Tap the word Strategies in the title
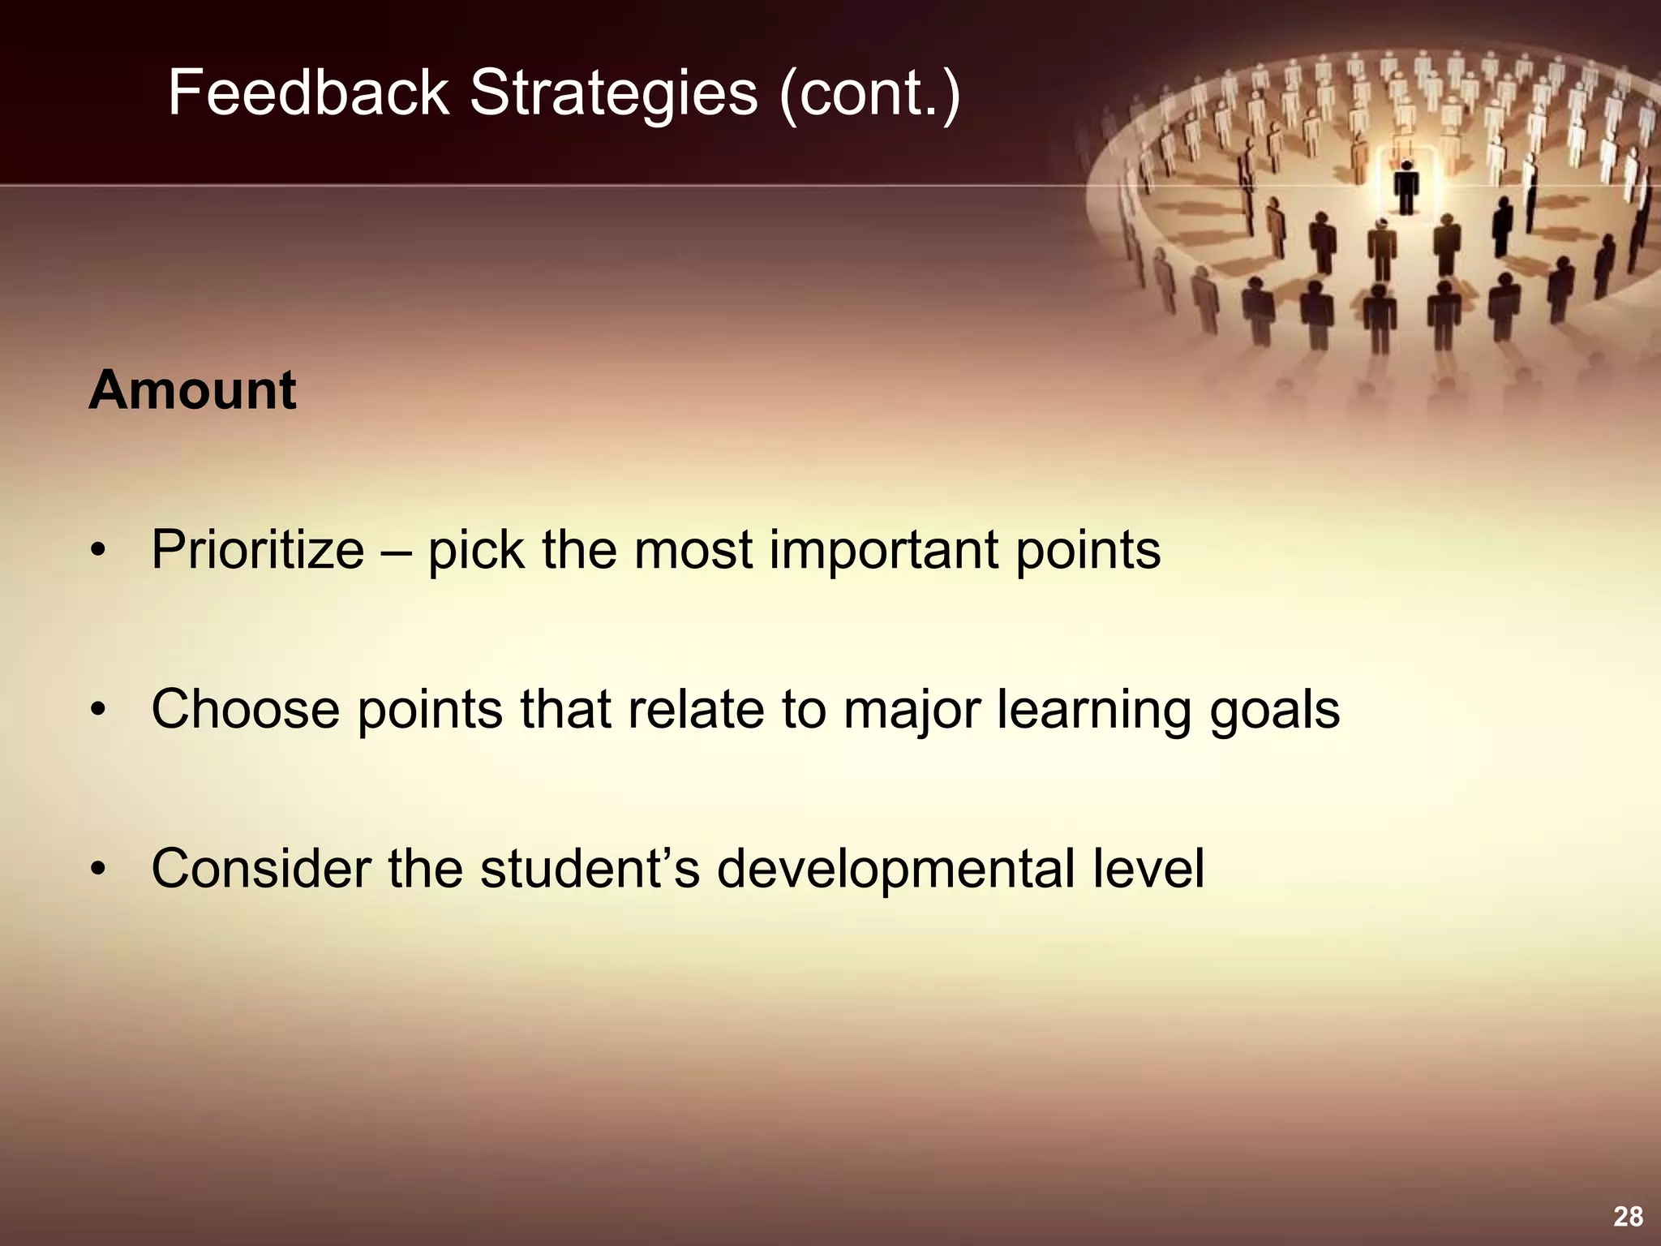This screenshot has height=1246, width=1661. point(614,93)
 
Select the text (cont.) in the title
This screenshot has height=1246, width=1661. point(869,93)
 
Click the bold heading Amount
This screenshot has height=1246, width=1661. point(192,391)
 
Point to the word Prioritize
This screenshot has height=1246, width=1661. point(258,551)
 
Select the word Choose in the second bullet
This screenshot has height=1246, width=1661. point(246,710)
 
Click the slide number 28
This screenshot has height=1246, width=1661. point(1628,1217)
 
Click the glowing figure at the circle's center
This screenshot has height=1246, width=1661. point(1406,187)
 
